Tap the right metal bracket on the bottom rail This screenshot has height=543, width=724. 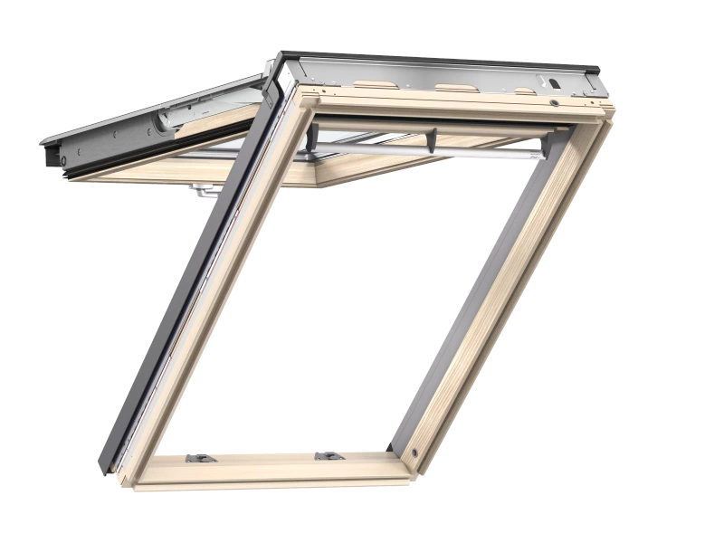[x=323, y=455]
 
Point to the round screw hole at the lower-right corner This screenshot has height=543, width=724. [x=414, y=450]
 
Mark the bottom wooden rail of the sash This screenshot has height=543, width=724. [x=271, y=466]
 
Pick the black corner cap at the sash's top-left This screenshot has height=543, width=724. [x=279, y=72]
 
